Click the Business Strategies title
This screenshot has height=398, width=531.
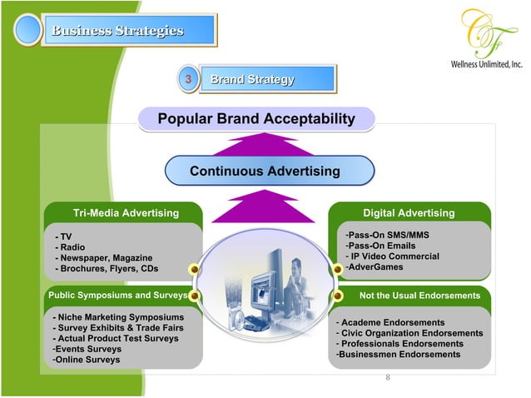pyautogui.click(x=117, y=32)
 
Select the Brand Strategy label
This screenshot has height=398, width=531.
pyautogui.click(x=251, y=80)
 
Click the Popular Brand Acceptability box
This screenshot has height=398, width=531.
pyautogui.click(x=256, y=120)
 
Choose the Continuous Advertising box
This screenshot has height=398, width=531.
pyautogui.click(x=265, y=172)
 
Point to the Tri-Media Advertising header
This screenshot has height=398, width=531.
pyautogui.click(x=126, y=213)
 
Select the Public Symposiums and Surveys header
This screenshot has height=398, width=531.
pyautogui.click(x=117, y=295)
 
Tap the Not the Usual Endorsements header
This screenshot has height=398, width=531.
pyautogui.click(x=419, y=295)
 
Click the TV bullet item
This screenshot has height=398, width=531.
pyautogui.click(x=65, y=237)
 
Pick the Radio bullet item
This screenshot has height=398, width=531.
pyautogui.click(x=70, y=247)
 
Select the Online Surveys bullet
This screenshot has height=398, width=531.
pyautogui.click(x=86, y=360)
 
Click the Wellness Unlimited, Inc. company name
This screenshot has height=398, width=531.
pyautogui.click(x=486, y=64)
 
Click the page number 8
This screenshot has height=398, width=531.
pyautogui.click(x=387, y=376)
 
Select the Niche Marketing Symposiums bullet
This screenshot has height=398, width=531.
pyautogui.click(x=118, y=317)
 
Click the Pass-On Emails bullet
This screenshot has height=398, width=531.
pyautogui.click(x=380, y=246)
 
